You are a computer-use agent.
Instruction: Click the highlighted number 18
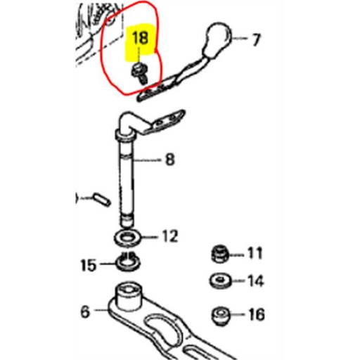click(x=140, y=37)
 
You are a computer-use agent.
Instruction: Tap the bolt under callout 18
click(x=140, y=72)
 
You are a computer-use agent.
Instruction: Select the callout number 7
click(x=256, y=40)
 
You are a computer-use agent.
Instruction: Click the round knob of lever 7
click(x=218, y=40)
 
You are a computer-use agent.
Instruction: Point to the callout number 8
click(x=170, y=160)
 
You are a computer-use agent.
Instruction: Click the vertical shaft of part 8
click(x=127, y=178)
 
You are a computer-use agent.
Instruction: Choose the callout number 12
click(x=170, y=236)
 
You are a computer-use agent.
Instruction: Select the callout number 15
click(x=89, y=265)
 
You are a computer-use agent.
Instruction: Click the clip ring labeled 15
click(x=128, y=262)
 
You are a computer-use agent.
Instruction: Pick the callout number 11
click(x=255, y=253)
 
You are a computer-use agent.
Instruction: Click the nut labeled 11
click(x=220, y=254)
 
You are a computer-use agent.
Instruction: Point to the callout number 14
click(x=256, y=281)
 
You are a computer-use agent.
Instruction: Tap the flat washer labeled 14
click(x=220, y=281)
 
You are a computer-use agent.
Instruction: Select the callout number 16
click(x=257, y=314)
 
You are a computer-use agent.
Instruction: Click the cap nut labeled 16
click(x=221, y=316)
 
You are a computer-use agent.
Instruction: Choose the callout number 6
click(x=85, y=311)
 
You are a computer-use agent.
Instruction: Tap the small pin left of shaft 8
click(x=101, y=199)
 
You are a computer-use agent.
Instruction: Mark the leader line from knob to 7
click(x=240, y=38)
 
